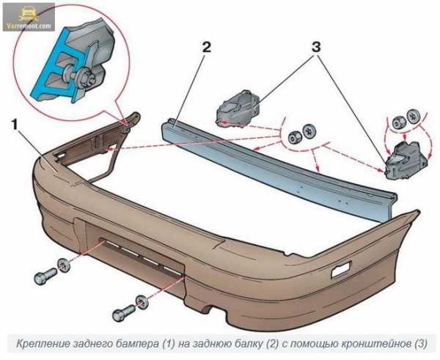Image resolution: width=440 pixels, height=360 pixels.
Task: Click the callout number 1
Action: (15, 125)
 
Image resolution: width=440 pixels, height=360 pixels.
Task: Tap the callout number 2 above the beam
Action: (206, 48)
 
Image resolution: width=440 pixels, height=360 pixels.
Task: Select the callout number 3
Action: (316, 47)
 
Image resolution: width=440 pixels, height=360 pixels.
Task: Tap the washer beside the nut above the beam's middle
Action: (309, 131)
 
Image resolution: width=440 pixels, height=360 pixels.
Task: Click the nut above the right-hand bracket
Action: (398, 121)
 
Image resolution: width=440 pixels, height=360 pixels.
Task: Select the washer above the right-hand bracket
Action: (414, 115)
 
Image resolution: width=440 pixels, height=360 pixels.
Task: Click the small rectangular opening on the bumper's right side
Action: (341, 270)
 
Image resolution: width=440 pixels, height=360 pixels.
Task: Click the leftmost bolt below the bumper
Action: (45, 276)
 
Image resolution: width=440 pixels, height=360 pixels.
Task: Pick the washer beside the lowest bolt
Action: (142, 302)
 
